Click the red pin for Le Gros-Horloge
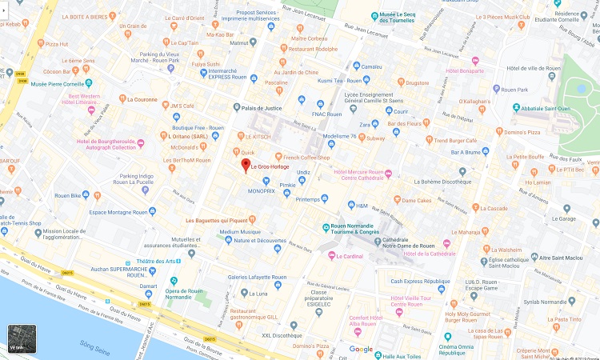point(246,166)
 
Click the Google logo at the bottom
point(361,349)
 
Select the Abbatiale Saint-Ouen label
point(544,108)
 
